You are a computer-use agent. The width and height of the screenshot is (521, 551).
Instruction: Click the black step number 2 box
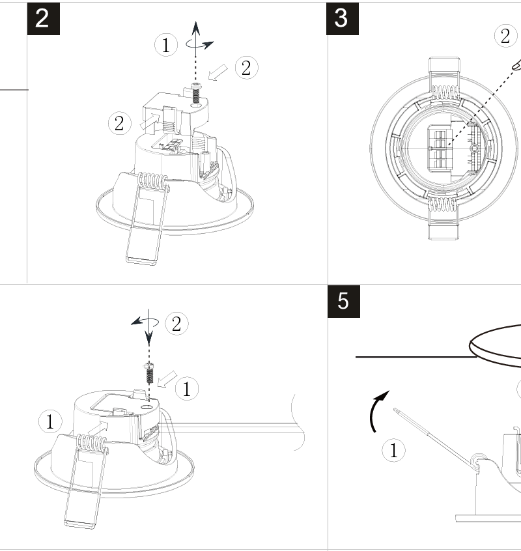[x=44, y=19]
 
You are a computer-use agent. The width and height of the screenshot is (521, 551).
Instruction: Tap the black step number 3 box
[x=343, y=19]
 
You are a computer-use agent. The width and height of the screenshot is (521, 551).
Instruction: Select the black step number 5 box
[x=344, y=302]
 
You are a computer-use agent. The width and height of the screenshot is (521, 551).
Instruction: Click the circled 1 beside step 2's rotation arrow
[x=166, y=45]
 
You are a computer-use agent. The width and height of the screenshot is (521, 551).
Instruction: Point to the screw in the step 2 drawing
[x=196, y=93]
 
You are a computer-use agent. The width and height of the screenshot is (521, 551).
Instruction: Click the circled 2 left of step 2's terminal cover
[x=120, y=124]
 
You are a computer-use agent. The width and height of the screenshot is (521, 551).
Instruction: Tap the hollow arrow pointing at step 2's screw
[x=218, y=72]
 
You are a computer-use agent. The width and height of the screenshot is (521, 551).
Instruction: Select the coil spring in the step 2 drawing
[x=153, y=181]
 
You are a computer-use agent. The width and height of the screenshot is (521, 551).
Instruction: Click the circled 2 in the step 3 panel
[x=505, y=36]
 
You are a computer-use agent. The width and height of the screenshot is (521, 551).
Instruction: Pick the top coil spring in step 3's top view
[x=445, y=92]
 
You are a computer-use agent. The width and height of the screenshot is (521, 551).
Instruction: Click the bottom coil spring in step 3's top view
[x=444, y=205]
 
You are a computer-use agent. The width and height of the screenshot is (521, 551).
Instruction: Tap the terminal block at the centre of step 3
[x=439, y=148]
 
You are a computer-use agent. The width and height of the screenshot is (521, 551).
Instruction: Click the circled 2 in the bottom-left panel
[x=176, y=324]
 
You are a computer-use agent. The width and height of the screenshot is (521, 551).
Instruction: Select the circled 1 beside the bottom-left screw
[x=186, y=389]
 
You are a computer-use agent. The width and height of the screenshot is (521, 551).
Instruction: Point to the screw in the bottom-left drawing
[x=149, y=373]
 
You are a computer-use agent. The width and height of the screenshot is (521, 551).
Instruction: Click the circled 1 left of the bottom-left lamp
[x=50, y=421]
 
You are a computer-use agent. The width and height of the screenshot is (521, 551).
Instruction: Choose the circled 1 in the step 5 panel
[x=393, y=450]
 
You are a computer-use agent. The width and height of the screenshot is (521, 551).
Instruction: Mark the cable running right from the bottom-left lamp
[x=232, y=428]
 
